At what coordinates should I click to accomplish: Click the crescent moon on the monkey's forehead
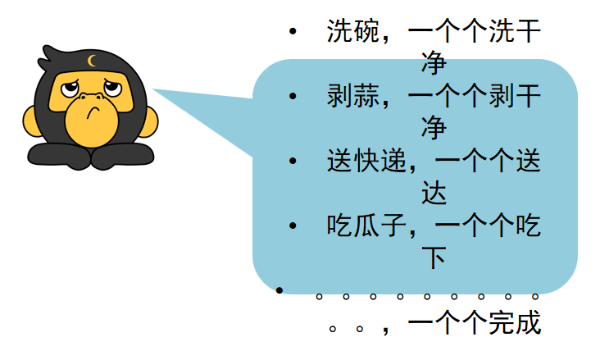(x=92, y=61)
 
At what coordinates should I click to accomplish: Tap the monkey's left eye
(x=70, y=89)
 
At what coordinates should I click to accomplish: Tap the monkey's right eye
(x=113, y=88)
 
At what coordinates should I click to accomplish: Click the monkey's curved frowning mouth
(x=93, y=112)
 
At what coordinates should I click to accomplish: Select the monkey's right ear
(x=149, y=121)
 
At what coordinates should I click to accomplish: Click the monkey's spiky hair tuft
(x=51, y=57)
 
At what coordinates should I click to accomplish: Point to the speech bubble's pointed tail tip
(x=152, y=89)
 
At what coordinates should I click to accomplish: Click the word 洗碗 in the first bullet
(x=353, y=30)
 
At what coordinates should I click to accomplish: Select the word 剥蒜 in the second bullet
(x=353, y=96)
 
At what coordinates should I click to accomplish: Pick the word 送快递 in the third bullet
(x=366, y=160)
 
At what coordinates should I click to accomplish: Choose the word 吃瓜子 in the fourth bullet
(x=366, y=225)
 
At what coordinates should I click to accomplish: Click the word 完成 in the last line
(x=515, y=322)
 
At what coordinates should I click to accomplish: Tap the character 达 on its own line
(x=434, y=193)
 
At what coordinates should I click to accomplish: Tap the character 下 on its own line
(x=434, y=257)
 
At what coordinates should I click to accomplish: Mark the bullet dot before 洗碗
(x=293, y=31)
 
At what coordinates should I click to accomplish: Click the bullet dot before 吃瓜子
(x=293, y=226)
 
